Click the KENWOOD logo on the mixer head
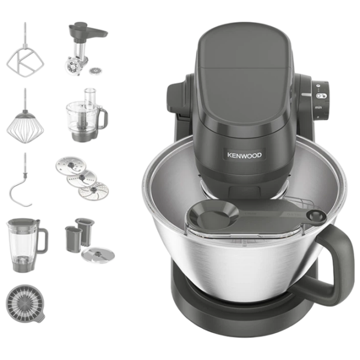pyautogui.click(x=244, y=155)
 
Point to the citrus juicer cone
pyautogui.click(x=25, y=304)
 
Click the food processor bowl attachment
pyautogui.click(x=86, y=115)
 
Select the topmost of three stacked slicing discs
pyautogui.click(x=71, y=166)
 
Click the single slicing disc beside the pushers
pyautogui.click(x=98, y=255)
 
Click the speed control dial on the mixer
pyautogui.click(x=321, y=100)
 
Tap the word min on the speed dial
pyautogui.click(x=318, y=107)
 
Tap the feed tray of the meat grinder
pyautogui.click(x=88, y=31)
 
